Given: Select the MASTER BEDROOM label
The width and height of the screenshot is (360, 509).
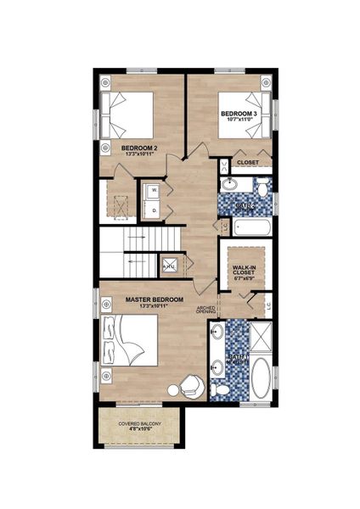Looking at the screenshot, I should coord(155,302).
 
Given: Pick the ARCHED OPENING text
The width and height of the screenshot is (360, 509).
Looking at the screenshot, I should coord(206,310).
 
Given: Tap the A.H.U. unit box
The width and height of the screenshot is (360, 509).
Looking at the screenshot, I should coord(169,265).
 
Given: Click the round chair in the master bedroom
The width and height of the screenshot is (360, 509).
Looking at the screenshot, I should coord(191,387).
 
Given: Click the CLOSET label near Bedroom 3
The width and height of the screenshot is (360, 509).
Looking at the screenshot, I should coord(248,162).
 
